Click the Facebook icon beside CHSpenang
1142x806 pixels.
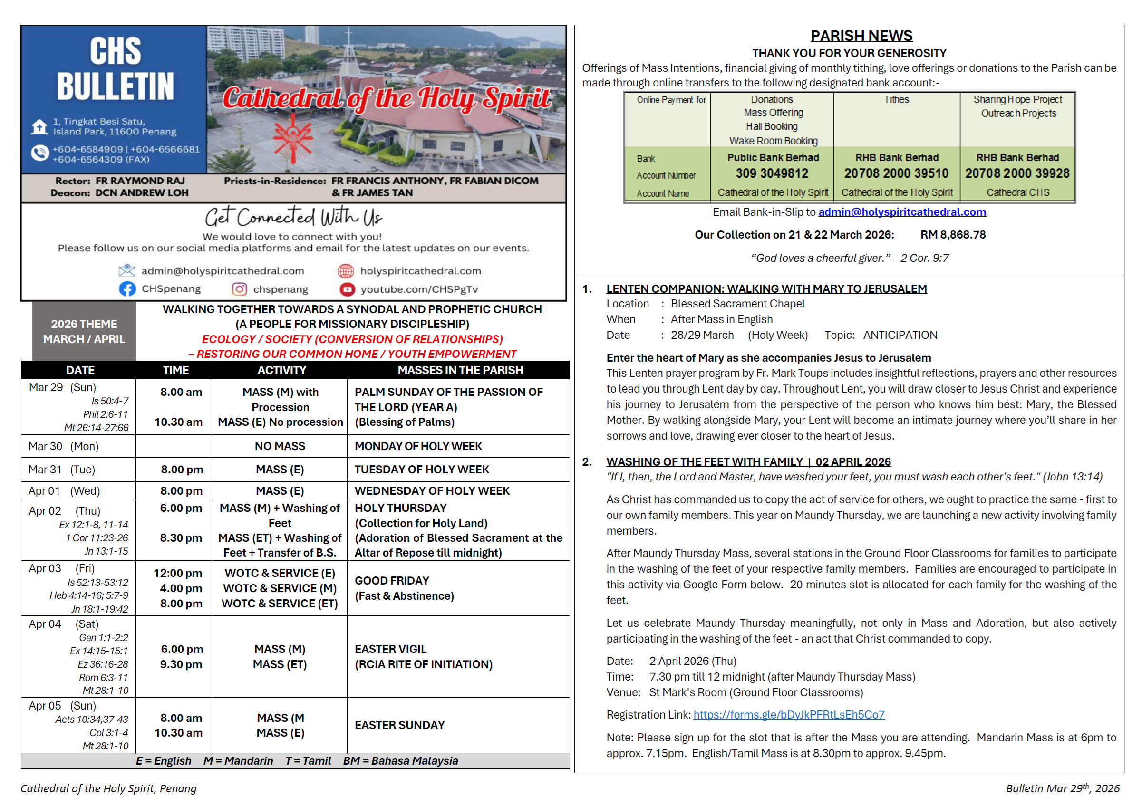tap(127, 289)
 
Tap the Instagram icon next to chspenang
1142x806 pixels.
tap(239, 289)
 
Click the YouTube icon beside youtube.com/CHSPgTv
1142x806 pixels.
tap(347, 289)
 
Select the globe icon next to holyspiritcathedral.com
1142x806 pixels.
tap(346, 271)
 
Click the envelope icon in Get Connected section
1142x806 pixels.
tap(127, 270)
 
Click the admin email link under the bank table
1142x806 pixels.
tap(902, 212)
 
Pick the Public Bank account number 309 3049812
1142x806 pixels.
tap(772, 173)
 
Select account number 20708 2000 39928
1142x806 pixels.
tap(1017, 173)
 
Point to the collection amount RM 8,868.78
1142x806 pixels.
tap(952, 235)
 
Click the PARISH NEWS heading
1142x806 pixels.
tap(861, 36)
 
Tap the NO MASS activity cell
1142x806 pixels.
tap(280, 446)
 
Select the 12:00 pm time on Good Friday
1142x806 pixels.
tap(177, 573)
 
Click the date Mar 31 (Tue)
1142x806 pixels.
tap(62, 470)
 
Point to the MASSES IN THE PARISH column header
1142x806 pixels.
tap(460, 370)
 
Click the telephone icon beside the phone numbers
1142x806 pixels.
tap(39, 153)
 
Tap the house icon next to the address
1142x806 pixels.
tap(39, 127)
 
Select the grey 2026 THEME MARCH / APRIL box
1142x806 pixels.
tap(84, 331)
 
